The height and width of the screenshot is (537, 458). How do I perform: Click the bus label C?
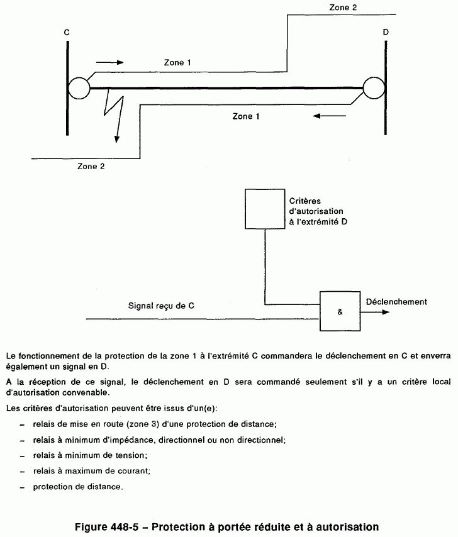tap(66, 31)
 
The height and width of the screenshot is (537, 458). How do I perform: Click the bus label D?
tap(385, 31)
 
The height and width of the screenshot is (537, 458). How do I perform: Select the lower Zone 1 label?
tap(246, 116)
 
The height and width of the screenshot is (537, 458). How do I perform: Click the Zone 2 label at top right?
tap(343, 8)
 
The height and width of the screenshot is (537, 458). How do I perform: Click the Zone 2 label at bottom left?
tap(91, 167)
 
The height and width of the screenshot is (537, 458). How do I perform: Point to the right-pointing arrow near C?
tap(110, 63)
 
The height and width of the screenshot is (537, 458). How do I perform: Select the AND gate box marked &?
tap(340, 311)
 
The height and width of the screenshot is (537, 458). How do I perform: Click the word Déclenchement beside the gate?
tap(396, 302)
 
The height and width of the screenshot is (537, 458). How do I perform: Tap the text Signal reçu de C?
tap(160, 306)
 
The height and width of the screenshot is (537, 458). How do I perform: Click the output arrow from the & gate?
tap(370, 311)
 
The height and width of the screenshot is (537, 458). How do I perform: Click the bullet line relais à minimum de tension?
tap(94, 455)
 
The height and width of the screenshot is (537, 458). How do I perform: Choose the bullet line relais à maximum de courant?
tap(95, 470)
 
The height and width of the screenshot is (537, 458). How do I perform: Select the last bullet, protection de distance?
tap(78, 487)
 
